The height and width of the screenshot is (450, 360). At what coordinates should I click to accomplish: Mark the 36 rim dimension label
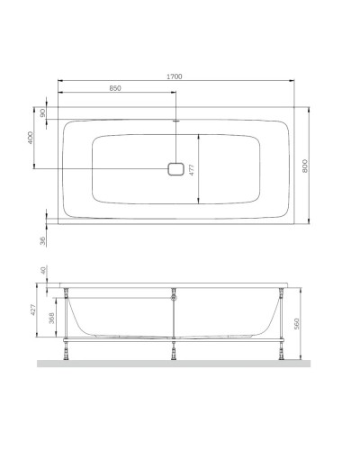coord(42,240)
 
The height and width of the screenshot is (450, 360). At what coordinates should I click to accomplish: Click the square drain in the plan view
coord(175,169)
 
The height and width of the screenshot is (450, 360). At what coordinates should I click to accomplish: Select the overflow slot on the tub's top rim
coord(175,120)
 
